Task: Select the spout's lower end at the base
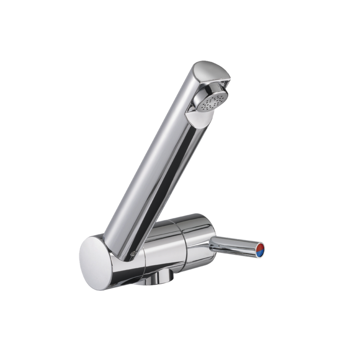point(121,243)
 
